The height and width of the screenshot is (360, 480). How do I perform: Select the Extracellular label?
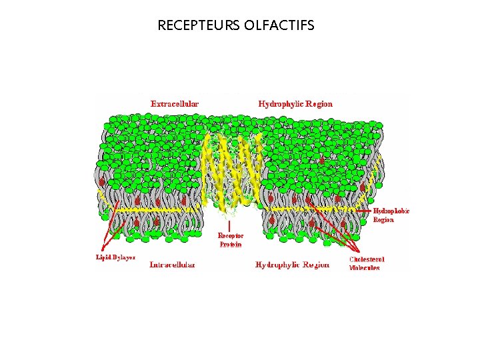pos(175,103)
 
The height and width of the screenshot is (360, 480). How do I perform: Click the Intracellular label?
pos(172,265)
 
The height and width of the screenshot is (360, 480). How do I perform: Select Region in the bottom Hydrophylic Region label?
pos(316,265)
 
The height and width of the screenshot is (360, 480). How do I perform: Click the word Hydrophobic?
pos(391,211)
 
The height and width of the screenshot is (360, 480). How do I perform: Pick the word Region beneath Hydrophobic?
pos(384,219)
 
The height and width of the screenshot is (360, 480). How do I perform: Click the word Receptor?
pos(231,235)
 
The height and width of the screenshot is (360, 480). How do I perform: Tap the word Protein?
pos(231,244)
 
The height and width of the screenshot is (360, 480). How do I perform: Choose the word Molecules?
pos(365,267)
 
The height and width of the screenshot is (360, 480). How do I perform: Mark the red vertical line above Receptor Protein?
pos(230,225)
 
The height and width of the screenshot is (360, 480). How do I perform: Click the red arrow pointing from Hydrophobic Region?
pos(363,211)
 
